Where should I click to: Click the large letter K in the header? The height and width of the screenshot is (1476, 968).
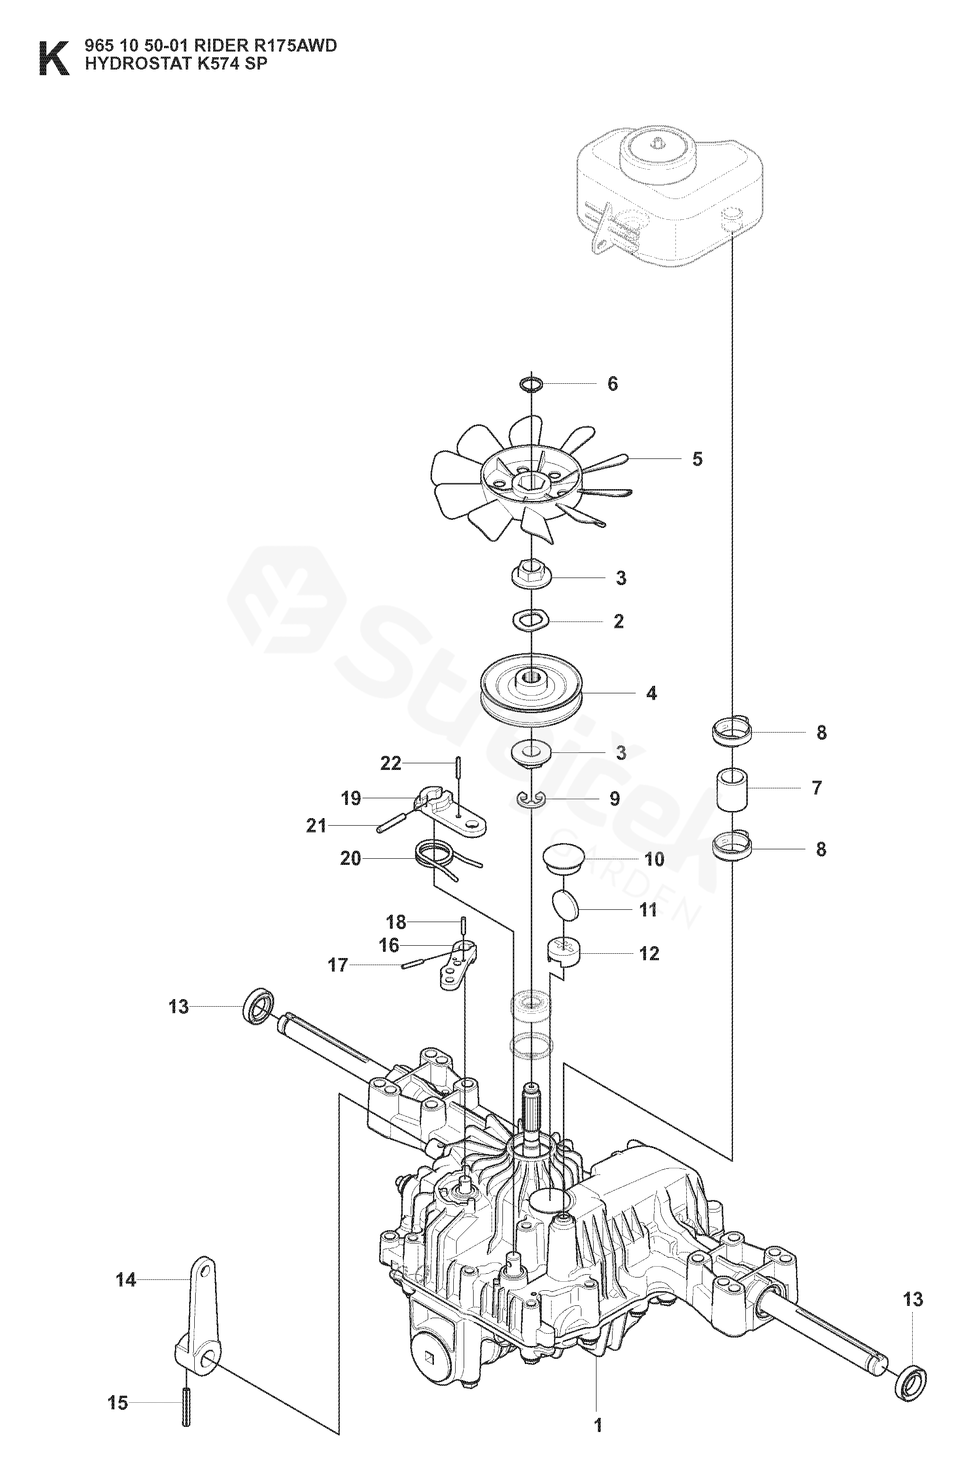click(53, 59)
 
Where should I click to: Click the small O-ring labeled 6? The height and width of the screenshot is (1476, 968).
click(531, 385)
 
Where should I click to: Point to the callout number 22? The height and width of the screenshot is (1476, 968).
click(391, 763)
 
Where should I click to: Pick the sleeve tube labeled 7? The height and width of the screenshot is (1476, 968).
click(732, 789)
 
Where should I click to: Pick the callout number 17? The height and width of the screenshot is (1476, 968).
click(338, 965)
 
